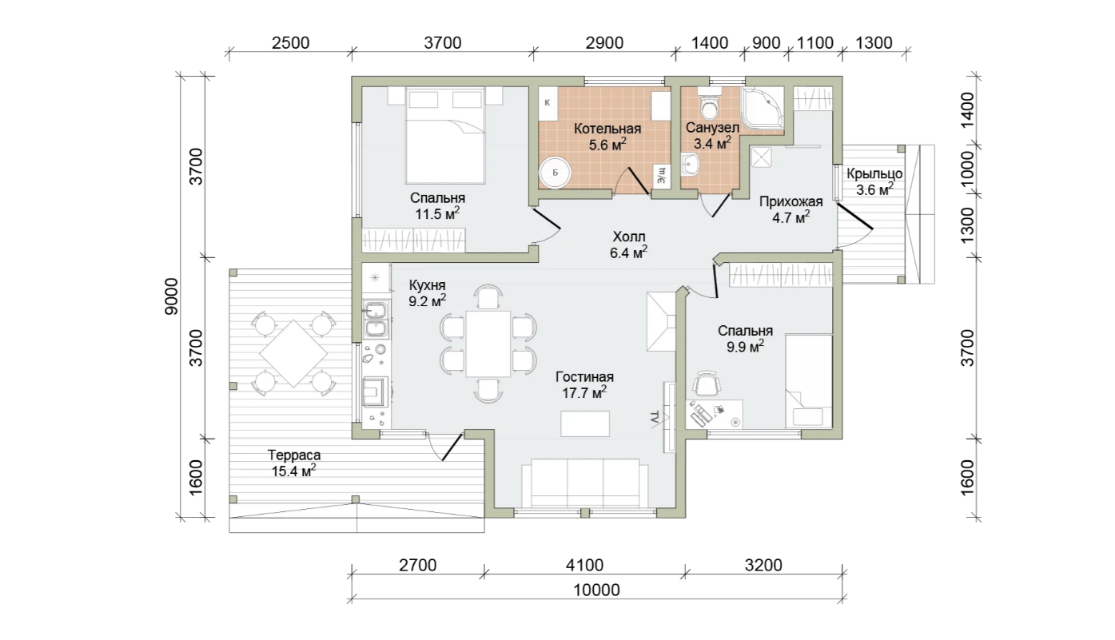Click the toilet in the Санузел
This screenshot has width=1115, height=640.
pos(709,103)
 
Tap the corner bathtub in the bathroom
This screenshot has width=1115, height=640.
pos(763,110)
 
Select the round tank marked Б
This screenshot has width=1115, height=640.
pos(555,173)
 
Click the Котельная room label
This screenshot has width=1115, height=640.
pos(607,129)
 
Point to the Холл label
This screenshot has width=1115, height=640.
pos(629,237)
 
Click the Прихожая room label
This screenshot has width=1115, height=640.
pos(791,201)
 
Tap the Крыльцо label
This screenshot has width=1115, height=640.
pos(874,174)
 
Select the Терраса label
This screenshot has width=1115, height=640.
pos(294,455)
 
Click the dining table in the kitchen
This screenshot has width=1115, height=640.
pos(488,344)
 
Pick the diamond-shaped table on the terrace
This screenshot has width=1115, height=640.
pos(293,353)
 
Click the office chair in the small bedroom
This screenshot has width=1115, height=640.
pos(707,384)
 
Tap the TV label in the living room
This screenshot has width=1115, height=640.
pos(654,418)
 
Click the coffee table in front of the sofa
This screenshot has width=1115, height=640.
pos(585,423)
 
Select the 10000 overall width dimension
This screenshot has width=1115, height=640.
pos(596,590)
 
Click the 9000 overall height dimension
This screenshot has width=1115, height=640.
pos(171,296)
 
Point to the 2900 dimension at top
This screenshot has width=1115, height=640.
pos(604,43)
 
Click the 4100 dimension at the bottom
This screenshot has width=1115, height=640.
pos(584,566)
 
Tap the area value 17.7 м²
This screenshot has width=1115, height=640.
pos(584,393)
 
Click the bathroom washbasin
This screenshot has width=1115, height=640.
pos(691,165)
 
